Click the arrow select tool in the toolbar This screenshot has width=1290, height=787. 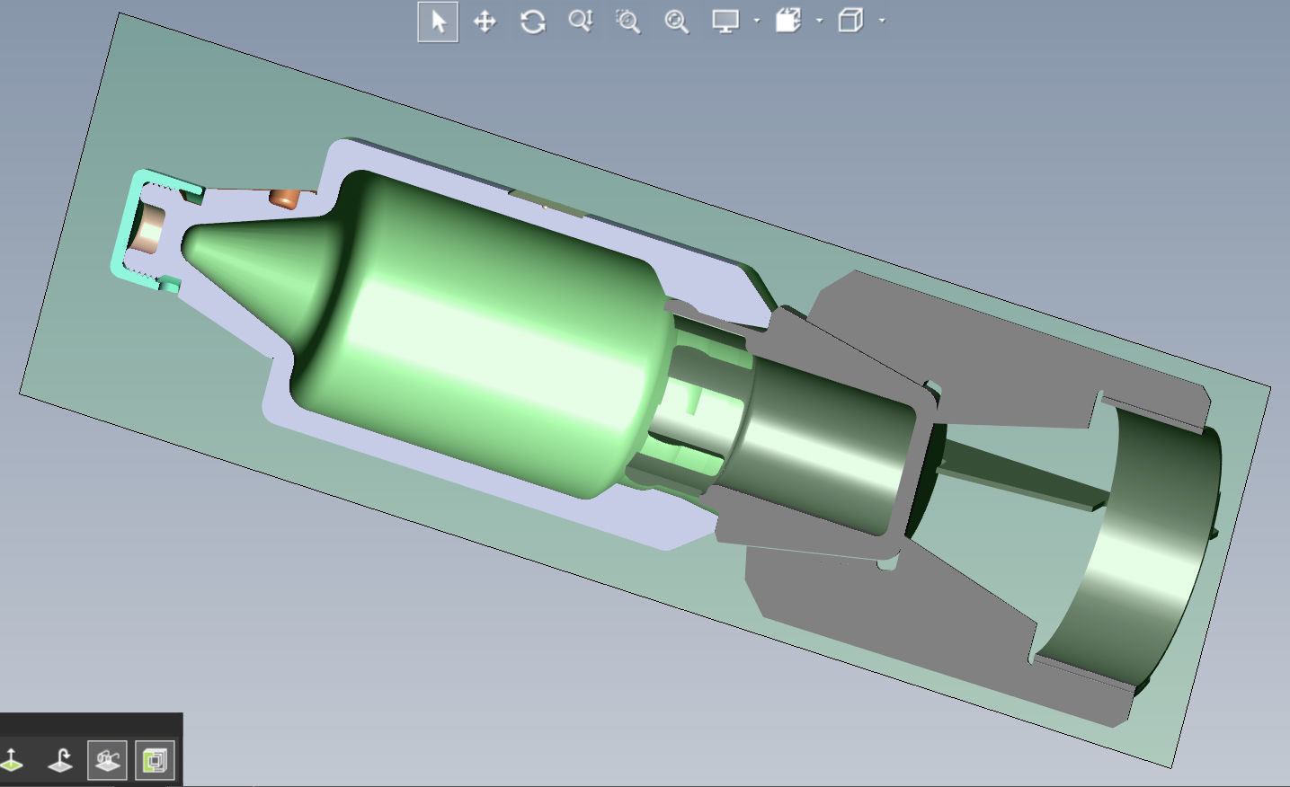(x=438, y=22)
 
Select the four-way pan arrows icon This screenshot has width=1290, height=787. (x=485, y=22)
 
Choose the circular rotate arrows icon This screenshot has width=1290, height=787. (x=532, y=22)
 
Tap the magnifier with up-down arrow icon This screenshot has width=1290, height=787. (x=580, y=21)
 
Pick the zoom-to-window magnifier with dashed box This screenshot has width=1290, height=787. (x=627, y=22)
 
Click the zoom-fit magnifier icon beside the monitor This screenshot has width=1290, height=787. (x=676, y=22)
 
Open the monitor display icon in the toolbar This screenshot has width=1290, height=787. (x=725, y=22)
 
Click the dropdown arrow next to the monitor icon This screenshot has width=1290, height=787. (x=757, y=21)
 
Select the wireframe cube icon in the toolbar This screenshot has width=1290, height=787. (x=850, y=21)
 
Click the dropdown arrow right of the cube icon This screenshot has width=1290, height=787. (x=882, y=21)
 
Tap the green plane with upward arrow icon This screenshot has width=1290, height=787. (x=12, y=761)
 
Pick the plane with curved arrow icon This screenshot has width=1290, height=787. (x=60, y=761)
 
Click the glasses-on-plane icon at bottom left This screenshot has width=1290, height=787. (x=107, y=761)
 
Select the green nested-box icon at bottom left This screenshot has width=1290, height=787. (x=155, y=761)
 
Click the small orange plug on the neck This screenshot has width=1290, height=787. (x=284, y=198)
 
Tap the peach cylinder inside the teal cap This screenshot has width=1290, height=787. (x=148, y=229)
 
